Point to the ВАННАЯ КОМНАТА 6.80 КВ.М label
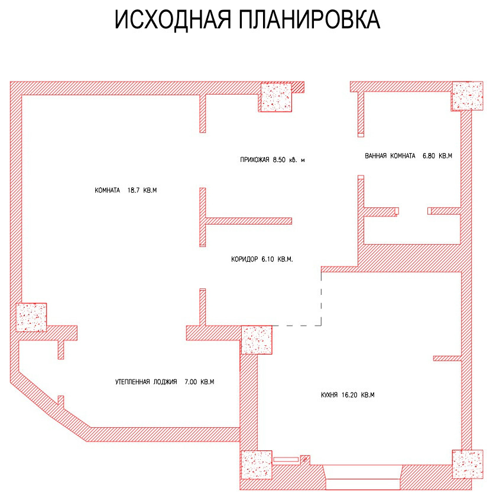(x=408, y=156)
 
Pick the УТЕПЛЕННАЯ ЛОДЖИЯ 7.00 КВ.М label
(x=164, y=382)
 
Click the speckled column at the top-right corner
(x=468, y=96)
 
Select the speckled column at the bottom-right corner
(x=467, y=465)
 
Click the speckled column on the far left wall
(x=31, y=317)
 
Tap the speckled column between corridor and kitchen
(x=257, y=339)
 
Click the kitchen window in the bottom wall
(x=364, y=476)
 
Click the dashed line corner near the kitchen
(x=320, y=324)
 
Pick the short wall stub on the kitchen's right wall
(x=447, y=358)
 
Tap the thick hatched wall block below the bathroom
(x=408, y=258)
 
